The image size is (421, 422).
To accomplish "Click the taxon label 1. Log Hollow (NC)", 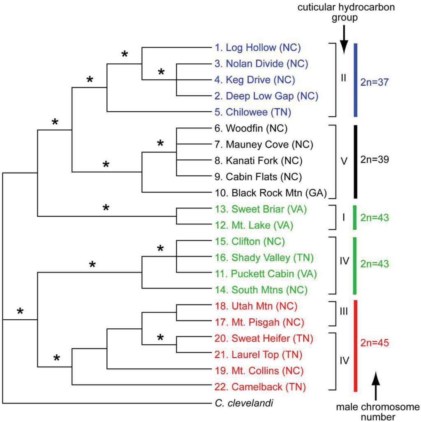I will pyautogui.click(x=258, y=48).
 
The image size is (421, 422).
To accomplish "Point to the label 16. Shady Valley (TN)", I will pyautogui.click(x=264, y=257).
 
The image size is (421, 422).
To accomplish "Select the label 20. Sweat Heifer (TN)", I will pyautogui.click(x=264, y=338).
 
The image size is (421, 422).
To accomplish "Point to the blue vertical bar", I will pyautogui.click(x=356, y=79).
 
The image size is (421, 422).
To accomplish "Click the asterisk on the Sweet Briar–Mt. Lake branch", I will pyautogui.click(x=106, y=208).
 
